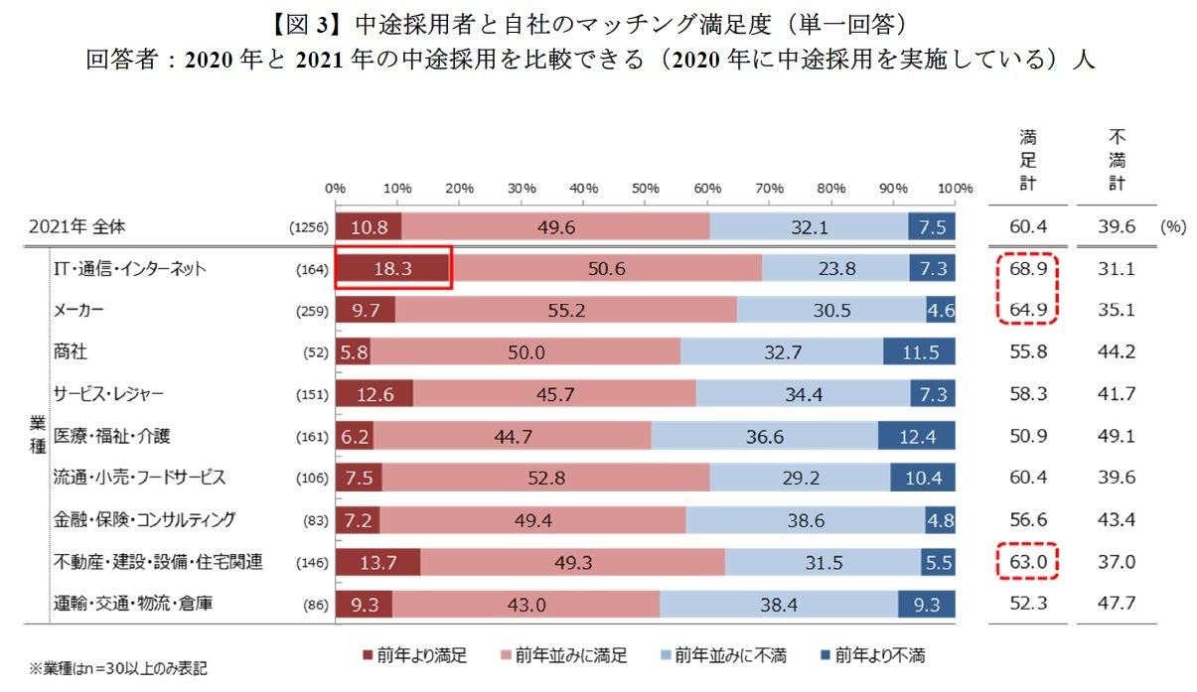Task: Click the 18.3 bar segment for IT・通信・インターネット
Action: (392, 268)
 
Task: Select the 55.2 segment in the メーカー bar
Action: (566, 311)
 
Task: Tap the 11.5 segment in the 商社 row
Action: (919, 352)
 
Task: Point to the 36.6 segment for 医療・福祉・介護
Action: (764, 436)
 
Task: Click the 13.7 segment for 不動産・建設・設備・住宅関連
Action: (377, 562)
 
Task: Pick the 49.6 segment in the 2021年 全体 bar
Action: (555, 226)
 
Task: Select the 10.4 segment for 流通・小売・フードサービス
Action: (923, 478)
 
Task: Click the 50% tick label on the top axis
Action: (645, 189)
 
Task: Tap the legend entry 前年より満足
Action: (416, 655)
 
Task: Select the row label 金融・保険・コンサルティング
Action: (137, 519)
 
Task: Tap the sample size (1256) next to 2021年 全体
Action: (308, 227)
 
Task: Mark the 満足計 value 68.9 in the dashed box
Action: (1027, 268)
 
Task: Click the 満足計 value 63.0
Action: (1027, 562)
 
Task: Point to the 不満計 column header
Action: (1117, 160)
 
